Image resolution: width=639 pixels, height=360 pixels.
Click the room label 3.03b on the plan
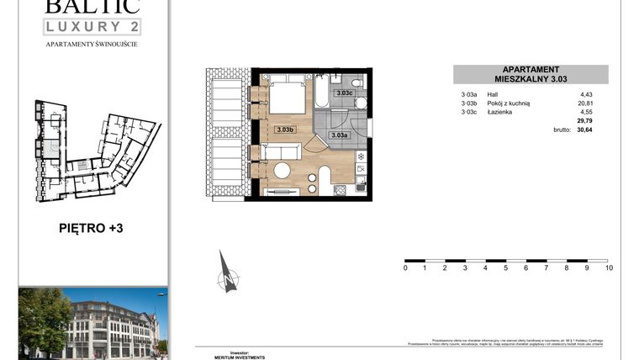tap(284, 130)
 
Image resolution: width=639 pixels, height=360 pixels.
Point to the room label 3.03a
tap(339, 135)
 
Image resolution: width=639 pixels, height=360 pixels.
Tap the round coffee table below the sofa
tap(283, 171)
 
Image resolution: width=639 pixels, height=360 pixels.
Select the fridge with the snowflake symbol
tap(361, 156)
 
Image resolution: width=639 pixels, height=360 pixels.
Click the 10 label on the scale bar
tap(608, 268)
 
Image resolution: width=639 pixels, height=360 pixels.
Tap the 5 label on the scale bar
tap(506, 268)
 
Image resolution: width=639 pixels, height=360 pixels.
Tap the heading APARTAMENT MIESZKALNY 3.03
tap(531, 75)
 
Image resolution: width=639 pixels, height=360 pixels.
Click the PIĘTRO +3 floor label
tap(92, 227)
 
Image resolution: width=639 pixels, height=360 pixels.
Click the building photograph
tap(92, 322)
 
